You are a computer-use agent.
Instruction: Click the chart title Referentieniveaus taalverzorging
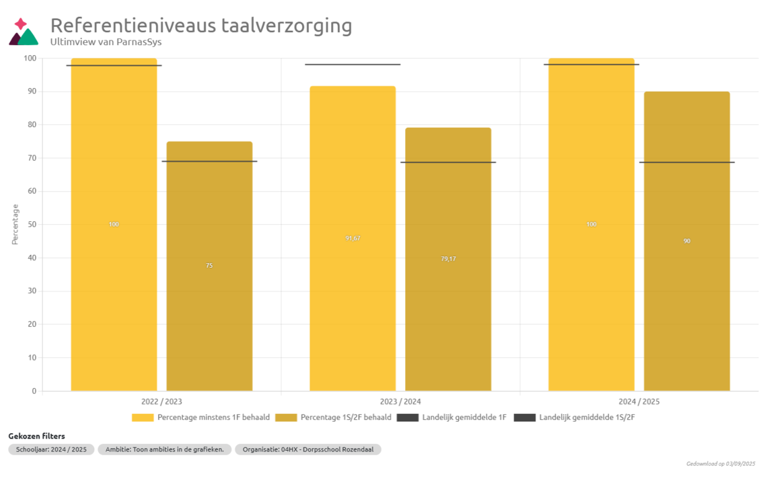coord(201,26)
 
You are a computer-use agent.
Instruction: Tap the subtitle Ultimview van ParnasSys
coord(106,42)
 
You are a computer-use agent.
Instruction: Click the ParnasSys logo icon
coord(24,32)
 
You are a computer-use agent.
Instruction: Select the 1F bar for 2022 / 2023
coord(114,224)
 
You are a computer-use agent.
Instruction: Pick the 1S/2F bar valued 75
coord(209,266)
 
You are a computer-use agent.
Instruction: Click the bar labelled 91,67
coord(353,238)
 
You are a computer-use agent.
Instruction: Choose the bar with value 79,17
coord(448,259)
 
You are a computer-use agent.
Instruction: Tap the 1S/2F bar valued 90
coord(687,241)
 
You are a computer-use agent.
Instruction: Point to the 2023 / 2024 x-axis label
coord(400,402)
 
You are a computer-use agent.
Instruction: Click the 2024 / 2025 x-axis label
coord(639,402)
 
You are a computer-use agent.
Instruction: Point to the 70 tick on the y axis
coord(30,158)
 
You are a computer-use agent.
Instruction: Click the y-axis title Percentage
coord(15,224)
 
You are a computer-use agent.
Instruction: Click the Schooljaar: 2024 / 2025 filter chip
coord(51,449)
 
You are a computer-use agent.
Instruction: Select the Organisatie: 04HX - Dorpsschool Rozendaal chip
coord(308,449)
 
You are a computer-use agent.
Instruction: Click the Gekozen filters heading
coord(36,436)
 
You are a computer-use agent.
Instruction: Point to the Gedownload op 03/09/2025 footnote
coord(721,464)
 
